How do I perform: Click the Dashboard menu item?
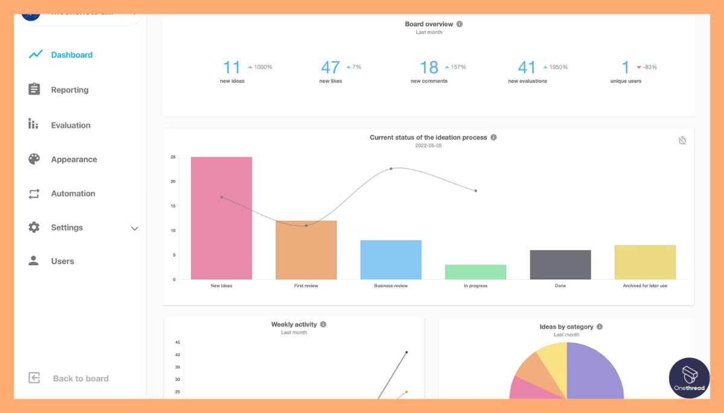(71, 55)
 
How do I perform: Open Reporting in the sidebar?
(69, 90)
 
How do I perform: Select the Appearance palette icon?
(34, 159)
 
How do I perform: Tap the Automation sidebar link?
(73, 194)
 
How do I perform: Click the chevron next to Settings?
(135, 229)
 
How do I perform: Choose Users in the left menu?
(62, 261)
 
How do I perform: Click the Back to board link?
(80, 379)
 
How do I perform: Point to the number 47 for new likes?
(331, 68)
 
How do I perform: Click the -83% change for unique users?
(649, 67)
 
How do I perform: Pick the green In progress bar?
(475, 272)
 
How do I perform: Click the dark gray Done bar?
(560, 265)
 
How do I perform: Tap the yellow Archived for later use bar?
(645, 262)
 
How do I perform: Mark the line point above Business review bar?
(391, 168)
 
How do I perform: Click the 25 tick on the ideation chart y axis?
(173, 157)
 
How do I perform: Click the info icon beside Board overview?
(460, 24)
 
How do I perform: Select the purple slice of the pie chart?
(594, 374)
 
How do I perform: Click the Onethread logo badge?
(689, 378)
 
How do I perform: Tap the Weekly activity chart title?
(294, 324)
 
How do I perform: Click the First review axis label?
(306, 286)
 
